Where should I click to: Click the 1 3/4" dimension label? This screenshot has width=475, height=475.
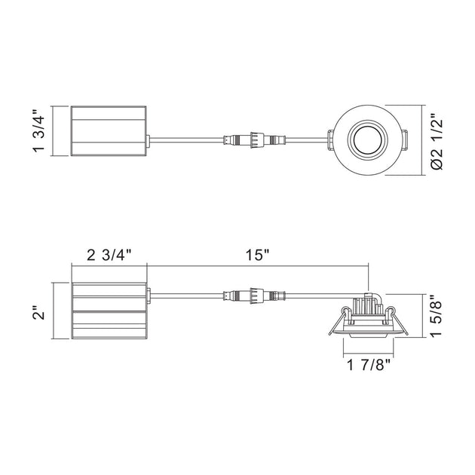tap(39, 130)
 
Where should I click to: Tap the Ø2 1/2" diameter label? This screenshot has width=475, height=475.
tap(437, 142)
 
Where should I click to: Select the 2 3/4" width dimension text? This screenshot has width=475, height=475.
tap(109, 256)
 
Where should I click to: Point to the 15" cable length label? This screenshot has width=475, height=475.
tap(257, 256)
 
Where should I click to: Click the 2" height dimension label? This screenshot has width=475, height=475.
tap(39, 312)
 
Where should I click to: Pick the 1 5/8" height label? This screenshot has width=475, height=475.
tap(437, 315)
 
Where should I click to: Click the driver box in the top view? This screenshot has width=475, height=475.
tap(109, 131)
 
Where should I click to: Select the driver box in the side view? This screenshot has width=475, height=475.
tap(109, 311)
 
